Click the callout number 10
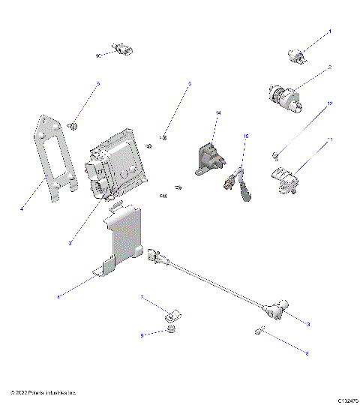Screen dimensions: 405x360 [98, 55]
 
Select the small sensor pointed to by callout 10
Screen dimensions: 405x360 [121, 50]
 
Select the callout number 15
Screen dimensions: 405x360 [244, 136]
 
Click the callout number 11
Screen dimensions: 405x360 [329, 140]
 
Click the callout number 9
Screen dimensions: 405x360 [142, 335]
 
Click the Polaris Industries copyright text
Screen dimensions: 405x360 [43, 392]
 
